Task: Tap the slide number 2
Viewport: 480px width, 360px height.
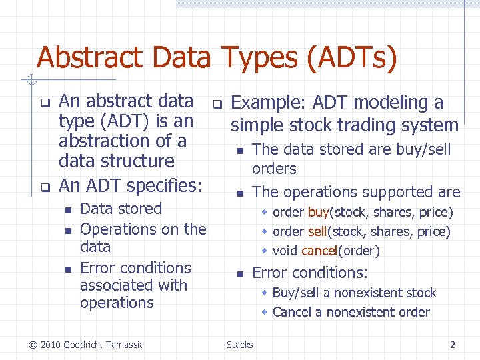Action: click(x=453, y=345)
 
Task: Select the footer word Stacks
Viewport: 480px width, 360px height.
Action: click(x=239, y=345)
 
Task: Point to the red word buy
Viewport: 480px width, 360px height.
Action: click(x=318, y=213)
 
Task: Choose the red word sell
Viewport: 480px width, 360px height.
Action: click(x=317, y=232)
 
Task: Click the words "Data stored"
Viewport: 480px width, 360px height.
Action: click(x=121, y=209)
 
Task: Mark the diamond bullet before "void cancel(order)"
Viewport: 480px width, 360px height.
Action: click(x=265, y=251)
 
